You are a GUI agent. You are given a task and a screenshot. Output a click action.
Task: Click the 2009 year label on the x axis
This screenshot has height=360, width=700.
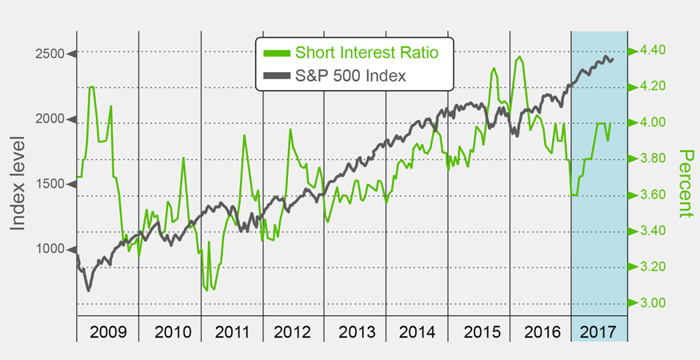point(107,330)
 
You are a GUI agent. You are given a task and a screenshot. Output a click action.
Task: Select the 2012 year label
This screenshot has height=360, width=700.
point(293,330)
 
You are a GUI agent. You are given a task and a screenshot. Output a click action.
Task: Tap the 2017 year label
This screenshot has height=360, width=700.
point(599,330)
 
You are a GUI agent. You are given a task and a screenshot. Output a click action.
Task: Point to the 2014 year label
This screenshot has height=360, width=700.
point(416,330)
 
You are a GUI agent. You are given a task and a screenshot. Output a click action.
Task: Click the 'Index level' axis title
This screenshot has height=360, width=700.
point(18,183)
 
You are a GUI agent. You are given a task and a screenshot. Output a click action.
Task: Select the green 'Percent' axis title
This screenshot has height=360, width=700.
point(685,183)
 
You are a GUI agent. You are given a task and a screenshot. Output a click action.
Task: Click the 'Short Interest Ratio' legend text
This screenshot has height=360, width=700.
point(366,54)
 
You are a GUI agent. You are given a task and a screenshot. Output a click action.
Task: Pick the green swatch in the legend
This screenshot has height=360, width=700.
point(276,54)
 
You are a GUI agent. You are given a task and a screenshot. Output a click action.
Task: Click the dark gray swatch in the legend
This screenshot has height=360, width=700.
point(276,78)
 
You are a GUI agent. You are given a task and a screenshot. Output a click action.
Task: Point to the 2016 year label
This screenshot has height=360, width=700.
point(540,330)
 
